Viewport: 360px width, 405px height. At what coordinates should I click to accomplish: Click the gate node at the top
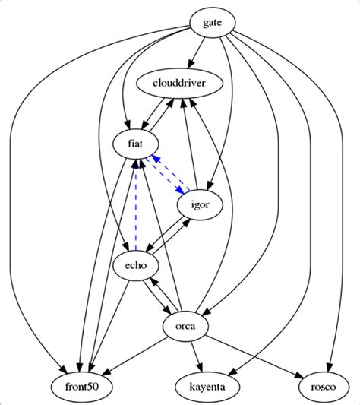click(212, 23)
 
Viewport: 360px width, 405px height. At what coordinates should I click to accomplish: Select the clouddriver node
click(180, 83)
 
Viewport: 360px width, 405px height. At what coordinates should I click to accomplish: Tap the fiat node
click(135, 142)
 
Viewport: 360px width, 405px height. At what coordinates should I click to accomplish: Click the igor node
click(199, 204)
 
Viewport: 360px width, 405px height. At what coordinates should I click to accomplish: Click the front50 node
click(81, 387)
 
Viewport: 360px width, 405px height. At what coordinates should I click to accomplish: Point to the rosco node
click(321, 387)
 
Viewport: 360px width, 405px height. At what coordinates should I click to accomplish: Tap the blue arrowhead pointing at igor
click(183, 191)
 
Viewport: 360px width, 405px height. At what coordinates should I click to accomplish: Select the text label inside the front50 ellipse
click(81, 387)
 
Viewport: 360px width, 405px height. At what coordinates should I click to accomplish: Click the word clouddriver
click(180, 83)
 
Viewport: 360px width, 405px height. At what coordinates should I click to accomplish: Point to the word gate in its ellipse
click(212, 23)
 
